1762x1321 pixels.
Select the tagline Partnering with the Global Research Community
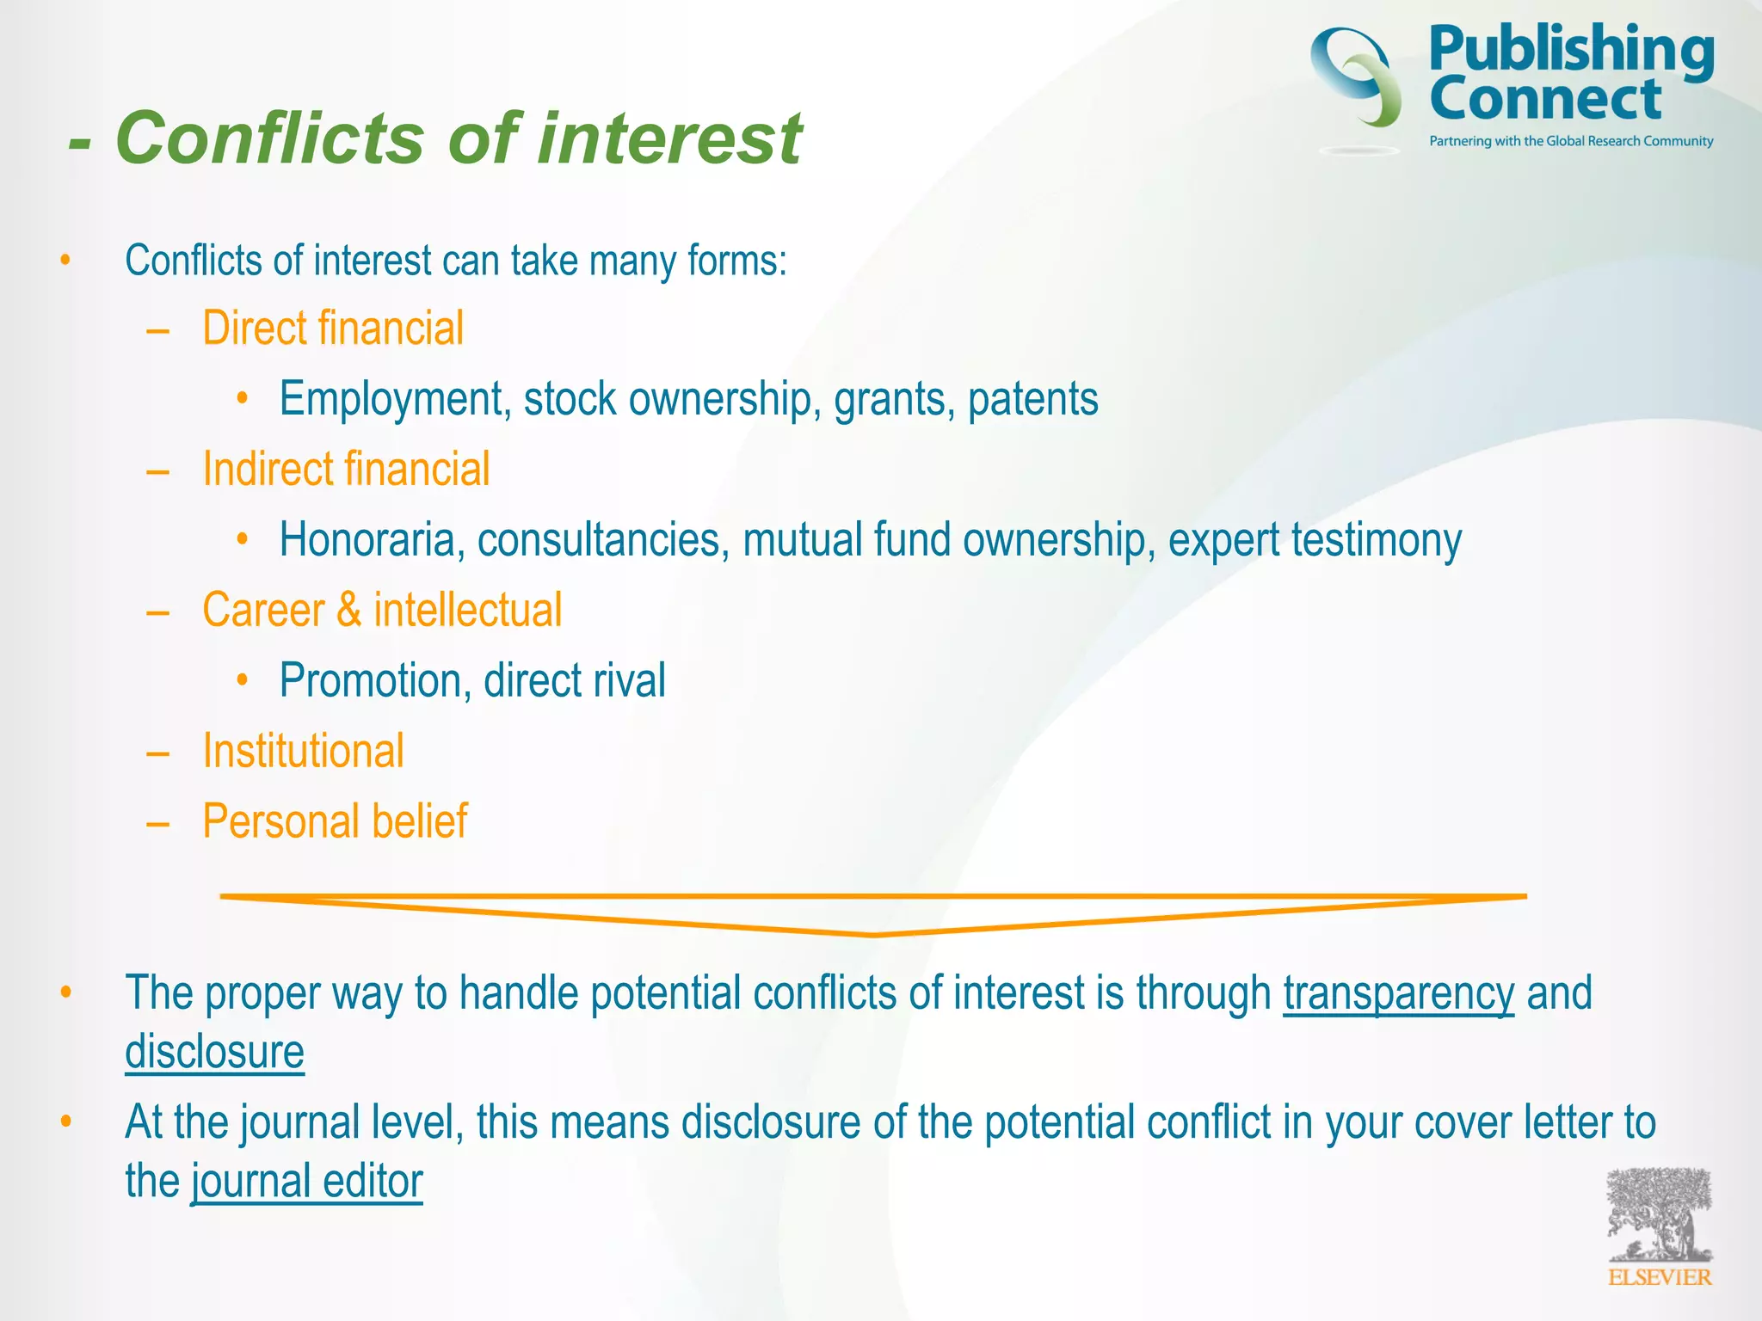tap(1571, 141)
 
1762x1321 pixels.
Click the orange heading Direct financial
tap(333, 328)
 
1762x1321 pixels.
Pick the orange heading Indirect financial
tap(346, 469)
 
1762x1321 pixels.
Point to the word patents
tap(1032, 399)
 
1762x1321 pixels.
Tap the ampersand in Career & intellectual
tap(348, 610)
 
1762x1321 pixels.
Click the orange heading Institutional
tap(303, 751)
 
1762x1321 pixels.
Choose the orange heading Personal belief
tap(335, 821)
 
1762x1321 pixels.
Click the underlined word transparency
tap(1398, 994)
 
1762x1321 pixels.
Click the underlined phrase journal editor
tap(307, 1182)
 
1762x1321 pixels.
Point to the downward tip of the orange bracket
tap(873, 933)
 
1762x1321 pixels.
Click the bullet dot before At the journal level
tap(65, 1121)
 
